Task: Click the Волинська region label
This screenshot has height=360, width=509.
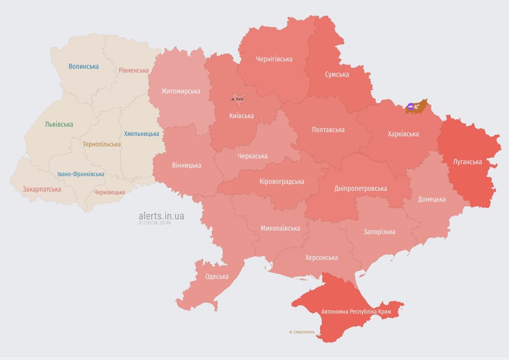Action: [x=83, y=67]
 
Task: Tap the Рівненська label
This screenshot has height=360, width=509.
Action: [x=134, y=70]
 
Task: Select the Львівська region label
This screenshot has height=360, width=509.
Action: [x=59, y=125]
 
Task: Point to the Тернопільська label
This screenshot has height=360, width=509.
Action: [x=102, y=144]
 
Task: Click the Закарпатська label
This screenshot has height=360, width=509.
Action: [x=42, y=189]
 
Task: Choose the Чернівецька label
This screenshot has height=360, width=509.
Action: [x=109, y=192]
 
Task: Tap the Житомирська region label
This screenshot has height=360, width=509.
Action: [x=181, y=91]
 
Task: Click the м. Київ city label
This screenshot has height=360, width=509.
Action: [x=238, y=99]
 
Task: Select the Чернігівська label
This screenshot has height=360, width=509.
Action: [x=274, y=59]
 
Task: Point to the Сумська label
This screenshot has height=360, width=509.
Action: [x=337, y=75]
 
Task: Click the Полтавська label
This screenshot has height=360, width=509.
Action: [x=328, y=130]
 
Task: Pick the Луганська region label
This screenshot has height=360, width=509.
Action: [x=468, y=162]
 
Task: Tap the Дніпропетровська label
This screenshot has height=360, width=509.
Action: [x=361, y=188]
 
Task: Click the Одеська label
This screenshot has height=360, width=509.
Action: [x=217, y=277]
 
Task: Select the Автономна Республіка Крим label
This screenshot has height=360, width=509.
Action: [x=356, y=312]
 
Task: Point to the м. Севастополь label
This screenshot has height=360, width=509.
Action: [x=302, y=332]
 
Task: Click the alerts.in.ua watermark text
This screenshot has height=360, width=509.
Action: [x=161, y=216]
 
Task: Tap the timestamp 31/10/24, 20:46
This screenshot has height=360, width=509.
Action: [x=155, y=223]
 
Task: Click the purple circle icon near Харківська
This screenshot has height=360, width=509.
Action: [x=411, y=106]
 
